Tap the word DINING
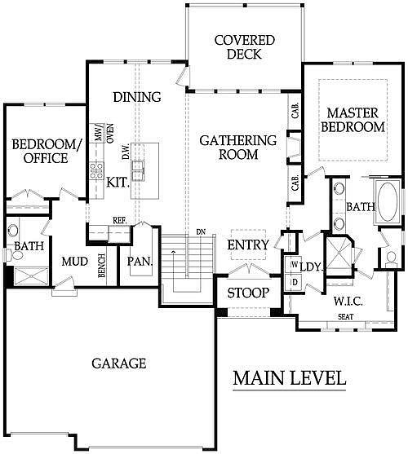pyautogui.click(x=136, y=97)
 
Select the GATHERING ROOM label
pyautogui.click(x=238, y=147)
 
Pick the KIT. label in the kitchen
pyautogui.click(x=118, y=183)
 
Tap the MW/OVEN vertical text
pyautogui.click(x=98, y=136)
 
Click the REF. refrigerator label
pyautogui.click(x=118, y=220)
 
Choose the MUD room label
pyautogui.click(x=74, y=262)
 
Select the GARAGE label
pyautogui.click(x=119, y=363)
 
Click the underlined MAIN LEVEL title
pyautogui.click(x=289, y=378)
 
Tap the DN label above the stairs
pyautogui.click(x=200, y=232)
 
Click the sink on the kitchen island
pyautogui.click(x=139, y=169)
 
